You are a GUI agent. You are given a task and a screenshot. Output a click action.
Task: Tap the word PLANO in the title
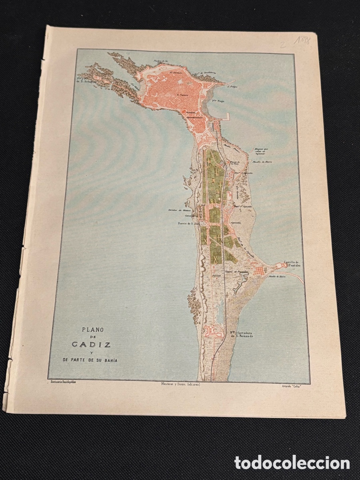93,330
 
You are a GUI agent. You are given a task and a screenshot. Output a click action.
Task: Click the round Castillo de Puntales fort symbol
279,266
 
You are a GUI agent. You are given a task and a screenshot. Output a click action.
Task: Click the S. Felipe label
232,86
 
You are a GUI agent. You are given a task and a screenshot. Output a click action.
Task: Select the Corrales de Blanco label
179,210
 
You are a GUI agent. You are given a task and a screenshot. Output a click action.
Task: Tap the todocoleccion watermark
292,463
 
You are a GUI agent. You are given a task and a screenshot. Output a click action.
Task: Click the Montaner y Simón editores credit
179,384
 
